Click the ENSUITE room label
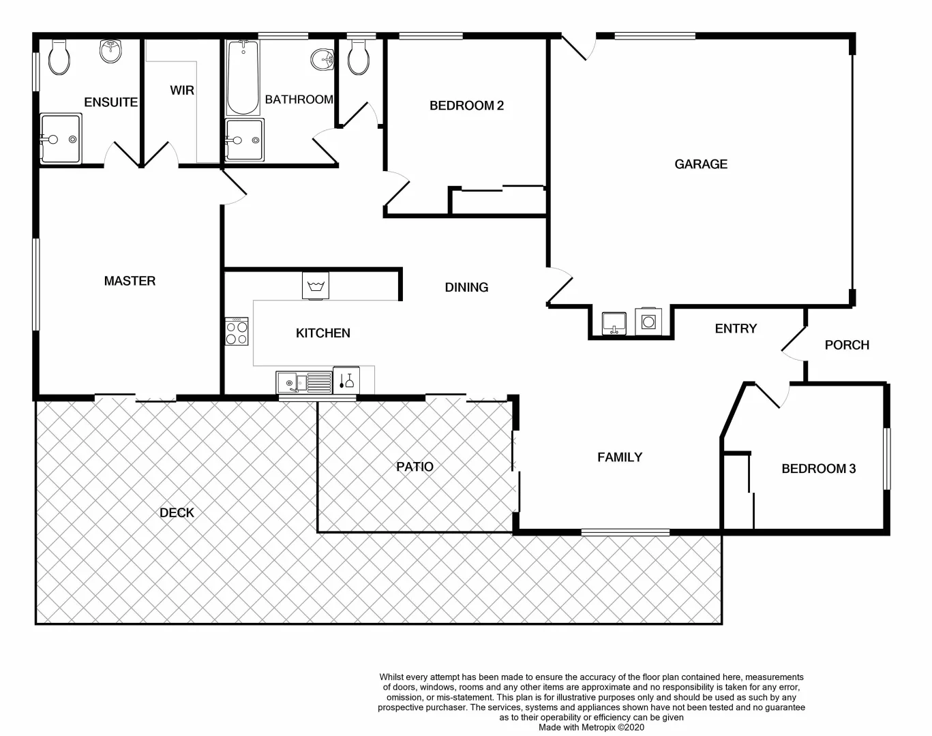click(x=110, y=102)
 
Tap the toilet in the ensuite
click(x=59, y=58)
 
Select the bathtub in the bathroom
click(x=242, y=78)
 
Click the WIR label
click(x=182, y=91)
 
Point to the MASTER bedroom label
click(x=130, y=281)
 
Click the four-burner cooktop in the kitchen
click(x=237, y=333)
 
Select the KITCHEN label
click(x=322, y=333)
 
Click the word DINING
click(x=466, y=288)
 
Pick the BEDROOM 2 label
click(x=466, y=106)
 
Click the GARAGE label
click(x=700, y=164)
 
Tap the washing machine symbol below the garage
click(x=647, y=321)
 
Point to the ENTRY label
click(x=736, y=328)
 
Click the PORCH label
click(x=847, y=346)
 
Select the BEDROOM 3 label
click(x=818, y=469)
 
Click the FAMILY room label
click(x=619, y=457)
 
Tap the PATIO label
click(x=415, y=467)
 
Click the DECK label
click(x=177, y=513)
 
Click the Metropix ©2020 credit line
click(x=591, y=727)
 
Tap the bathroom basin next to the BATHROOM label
click(x=322, y=59)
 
